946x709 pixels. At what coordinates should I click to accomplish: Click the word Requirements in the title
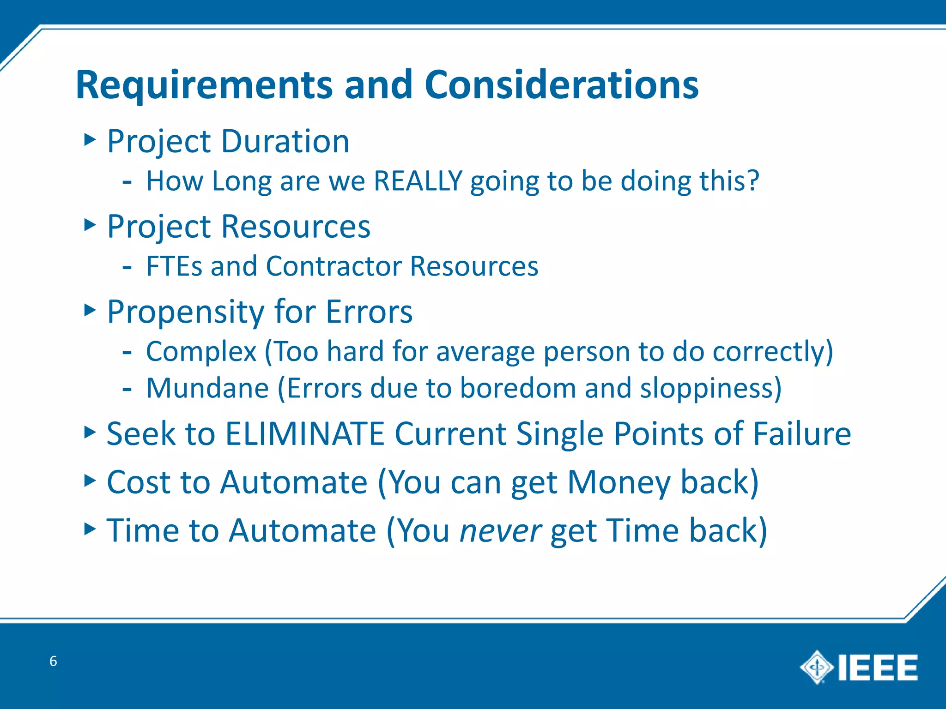(x=204, y=85)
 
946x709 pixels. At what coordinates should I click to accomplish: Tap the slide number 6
(x=53, y=661)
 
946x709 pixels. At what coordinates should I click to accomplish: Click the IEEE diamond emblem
(x=817, y=667)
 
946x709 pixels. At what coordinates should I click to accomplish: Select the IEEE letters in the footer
(x=878, y=667)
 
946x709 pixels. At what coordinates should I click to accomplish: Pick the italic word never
(x=500, y=531)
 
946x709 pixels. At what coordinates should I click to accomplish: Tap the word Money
(x=619, y=482)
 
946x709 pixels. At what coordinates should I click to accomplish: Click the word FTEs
(x=174, y=266)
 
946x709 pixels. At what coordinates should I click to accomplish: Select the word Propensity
(x=185, y=313)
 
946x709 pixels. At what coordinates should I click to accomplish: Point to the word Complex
(x=201, y=352)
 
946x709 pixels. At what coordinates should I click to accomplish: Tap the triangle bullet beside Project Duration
(x=90, y=139)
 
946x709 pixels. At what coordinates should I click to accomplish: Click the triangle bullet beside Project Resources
(x=90, y=225)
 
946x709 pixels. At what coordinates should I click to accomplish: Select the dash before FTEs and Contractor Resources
(x=127, y=267)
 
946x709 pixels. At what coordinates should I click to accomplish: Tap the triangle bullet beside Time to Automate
(x=90, y=529)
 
